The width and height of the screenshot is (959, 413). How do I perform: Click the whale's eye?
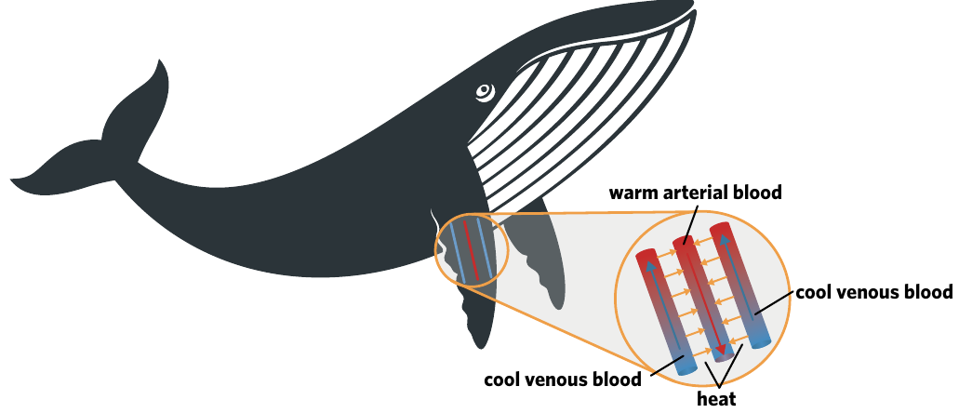point(485,92)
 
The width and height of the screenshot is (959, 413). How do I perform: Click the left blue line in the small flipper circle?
point(457,253)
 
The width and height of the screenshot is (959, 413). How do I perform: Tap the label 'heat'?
point(716,399)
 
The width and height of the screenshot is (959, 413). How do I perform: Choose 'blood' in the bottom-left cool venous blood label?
point(617,380)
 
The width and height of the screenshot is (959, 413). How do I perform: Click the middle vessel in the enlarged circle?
point(702,299)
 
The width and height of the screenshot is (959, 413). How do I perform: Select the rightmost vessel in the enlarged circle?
point(739,286)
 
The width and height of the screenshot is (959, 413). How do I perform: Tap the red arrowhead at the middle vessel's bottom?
point(723,350)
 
